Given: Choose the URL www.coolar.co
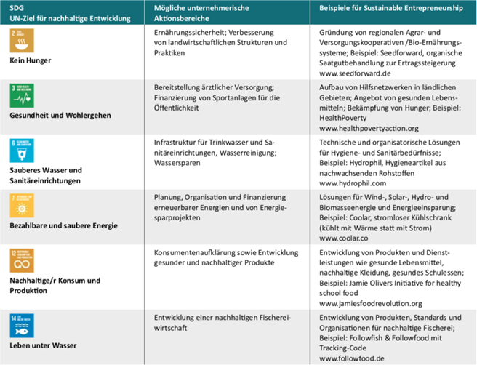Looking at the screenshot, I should (x=344, y=238).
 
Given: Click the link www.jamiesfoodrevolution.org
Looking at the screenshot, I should (x=371, y=302).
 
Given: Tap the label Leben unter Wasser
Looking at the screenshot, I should (x=42, y=345).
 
